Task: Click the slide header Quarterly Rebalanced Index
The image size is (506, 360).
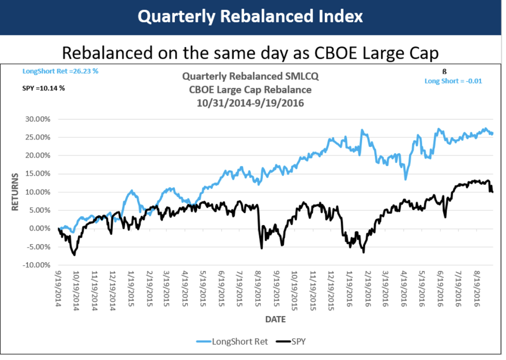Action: click(x=250, y=17)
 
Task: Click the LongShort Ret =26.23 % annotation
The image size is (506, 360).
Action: click(x=60, y=71)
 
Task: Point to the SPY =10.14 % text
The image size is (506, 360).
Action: click(x=44, y=89)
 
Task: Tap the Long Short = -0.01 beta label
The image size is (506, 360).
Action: click(x=453, y=81)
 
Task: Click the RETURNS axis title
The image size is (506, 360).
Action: click(x=15, y=192)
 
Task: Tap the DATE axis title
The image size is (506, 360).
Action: click(x=276, y=319)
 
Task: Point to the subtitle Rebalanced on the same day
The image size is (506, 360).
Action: click(x=250, y=53)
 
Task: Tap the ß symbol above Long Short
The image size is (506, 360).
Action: click(x=445, y=71)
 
